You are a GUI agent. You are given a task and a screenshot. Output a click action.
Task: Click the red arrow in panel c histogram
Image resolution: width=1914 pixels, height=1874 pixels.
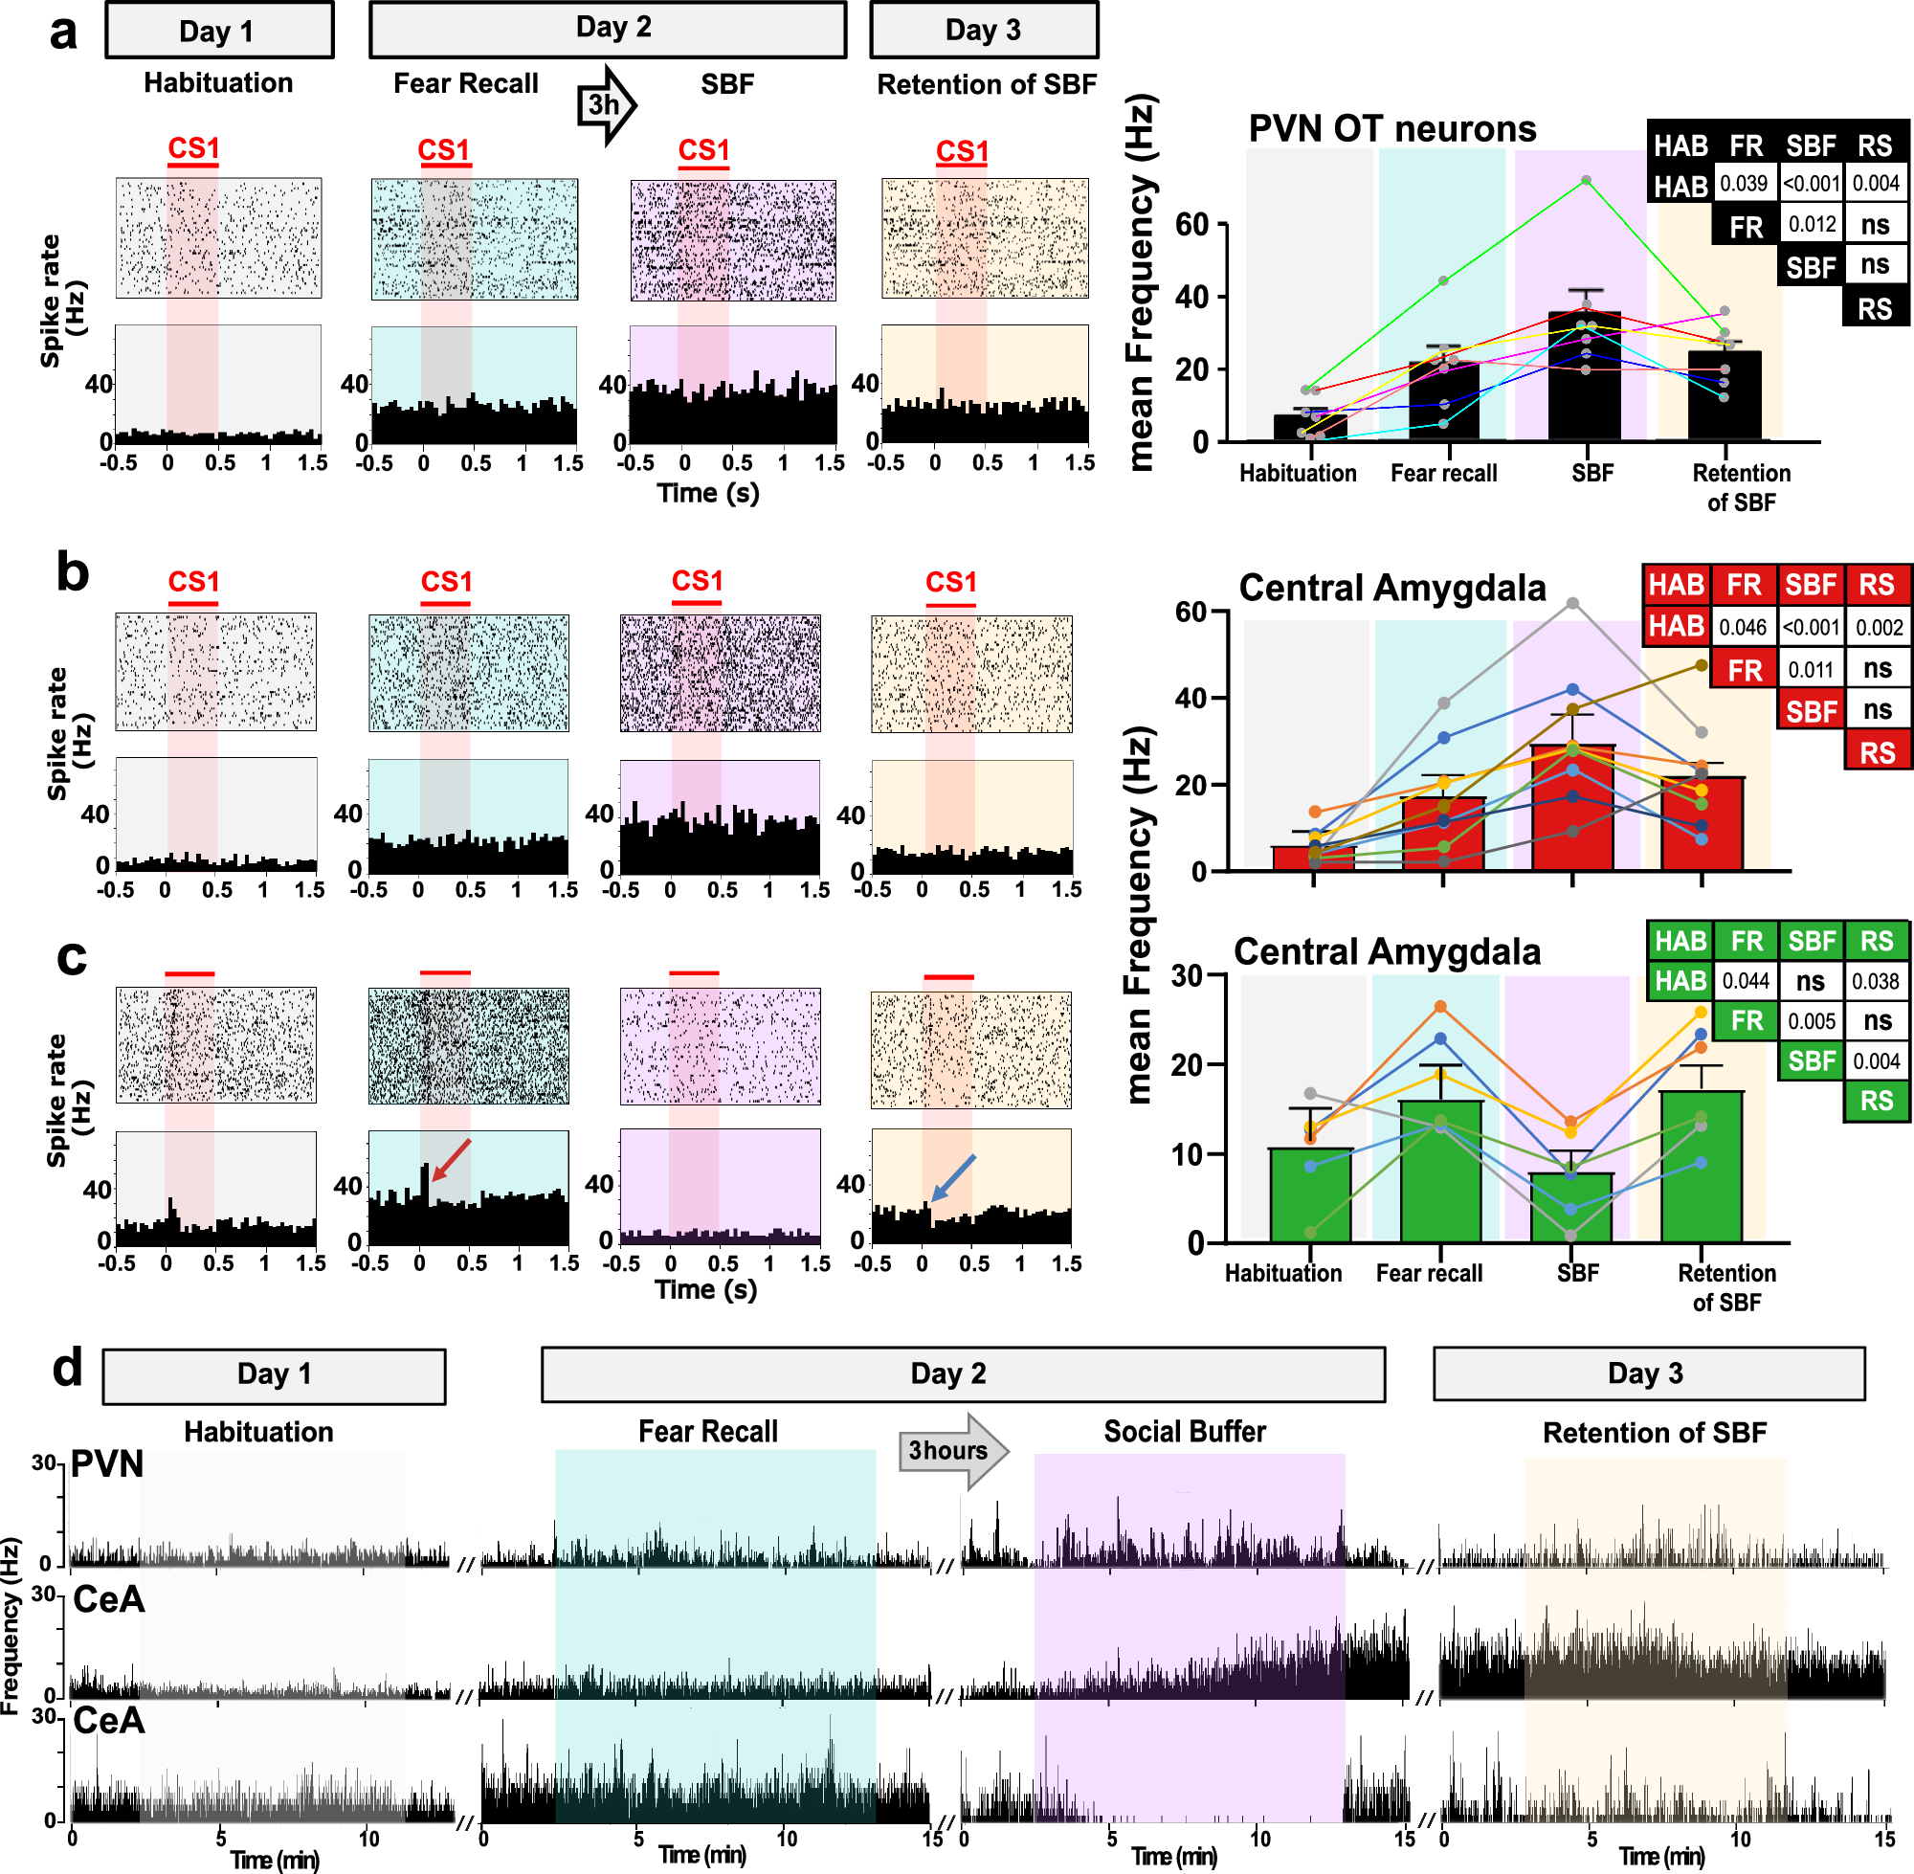point(452,1159)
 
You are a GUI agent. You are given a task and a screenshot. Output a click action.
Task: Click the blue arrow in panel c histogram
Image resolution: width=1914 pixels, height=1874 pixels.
point(952,1177)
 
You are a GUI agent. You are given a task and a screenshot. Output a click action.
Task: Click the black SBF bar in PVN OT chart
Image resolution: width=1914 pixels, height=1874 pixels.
point(1585,378)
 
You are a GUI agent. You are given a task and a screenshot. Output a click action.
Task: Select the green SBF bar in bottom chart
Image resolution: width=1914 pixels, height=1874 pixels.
point(1570,1208)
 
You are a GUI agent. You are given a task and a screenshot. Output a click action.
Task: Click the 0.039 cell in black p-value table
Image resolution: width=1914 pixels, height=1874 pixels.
point(1743,184)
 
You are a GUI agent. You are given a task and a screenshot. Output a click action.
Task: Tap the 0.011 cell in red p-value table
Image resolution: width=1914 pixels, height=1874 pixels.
point(1810,670)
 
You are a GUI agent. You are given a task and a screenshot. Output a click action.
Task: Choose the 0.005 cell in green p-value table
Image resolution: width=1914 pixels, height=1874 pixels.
point(1811,1021)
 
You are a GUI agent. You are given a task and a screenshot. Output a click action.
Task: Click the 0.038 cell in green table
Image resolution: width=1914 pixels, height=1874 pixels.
point(1876,981)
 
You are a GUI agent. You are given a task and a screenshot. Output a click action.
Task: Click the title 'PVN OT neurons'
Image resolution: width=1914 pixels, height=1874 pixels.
point(1391,129)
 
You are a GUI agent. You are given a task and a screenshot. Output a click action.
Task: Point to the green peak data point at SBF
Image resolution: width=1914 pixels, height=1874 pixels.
point(1587,181)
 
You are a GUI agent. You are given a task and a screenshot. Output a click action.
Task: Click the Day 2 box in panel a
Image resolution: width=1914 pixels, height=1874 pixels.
point(607,30)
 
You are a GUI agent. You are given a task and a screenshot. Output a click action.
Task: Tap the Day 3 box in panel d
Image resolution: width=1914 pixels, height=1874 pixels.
point(1648,1374)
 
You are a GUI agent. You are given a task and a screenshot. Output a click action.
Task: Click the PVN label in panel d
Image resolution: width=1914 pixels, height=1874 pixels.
point(107,1464)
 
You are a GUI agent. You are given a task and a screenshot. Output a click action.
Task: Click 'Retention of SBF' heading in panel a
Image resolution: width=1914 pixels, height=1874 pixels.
point(986,84)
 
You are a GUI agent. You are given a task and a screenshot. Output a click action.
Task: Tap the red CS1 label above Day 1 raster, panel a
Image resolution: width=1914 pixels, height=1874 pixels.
point(193,148)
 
